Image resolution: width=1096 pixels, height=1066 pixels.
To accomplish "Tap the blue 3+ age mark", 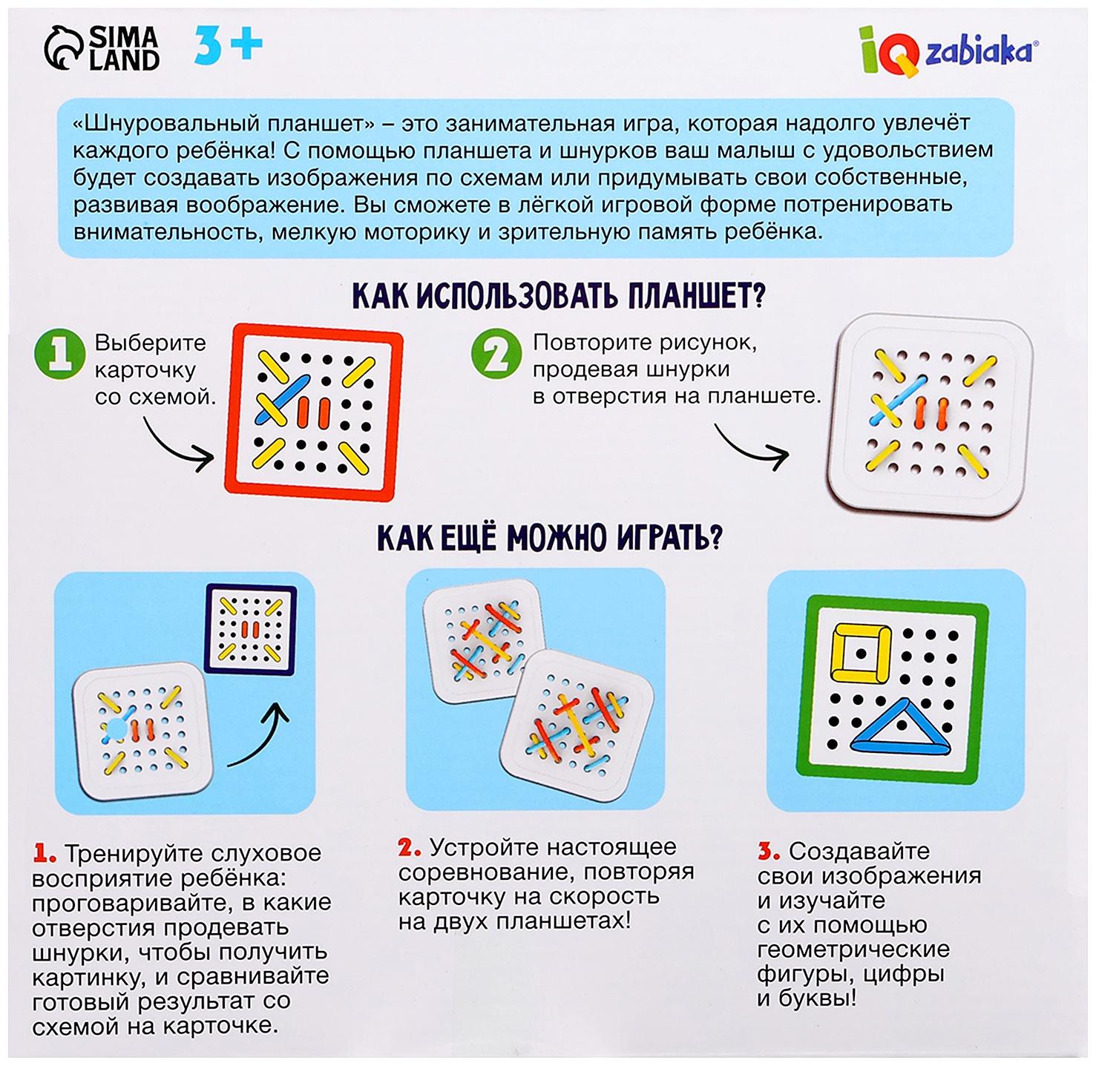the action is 228,45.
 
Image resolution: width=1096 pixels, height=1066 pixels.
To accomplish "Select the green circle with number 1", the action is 59,354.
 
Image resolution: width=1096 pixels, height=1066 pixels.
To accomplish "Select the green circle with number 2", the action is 496,354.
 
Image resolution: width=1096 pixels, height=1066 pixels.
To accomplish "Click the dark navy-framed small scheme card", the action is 250,630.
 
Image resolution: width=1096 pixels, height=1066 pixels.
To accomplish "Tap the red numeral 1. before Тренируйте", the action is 45,855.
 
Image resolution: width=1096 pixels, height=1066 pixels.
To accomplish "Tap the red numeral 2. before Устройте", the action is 410,848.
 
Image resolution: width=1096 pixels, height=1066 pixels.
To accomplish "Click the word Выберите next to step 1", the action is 151,343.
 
